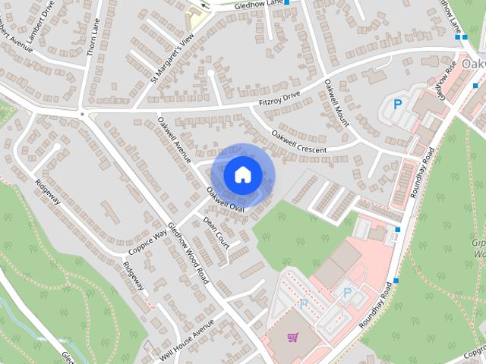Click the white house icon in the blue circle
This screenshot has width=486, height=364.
point(241,174)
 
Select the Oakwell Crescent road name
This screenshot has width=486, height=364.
point(298,142)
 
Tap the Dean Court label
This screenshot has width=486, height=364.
point(216,234)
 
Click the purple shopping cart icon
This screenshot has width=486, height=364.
point(292,336)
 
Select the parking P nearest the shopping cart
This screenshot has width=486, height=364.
point(304,304)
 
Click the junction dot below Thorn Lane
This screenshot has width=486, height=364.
point(82,115)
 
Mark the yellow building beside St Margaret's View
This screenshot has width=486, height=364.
point(197,18)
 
